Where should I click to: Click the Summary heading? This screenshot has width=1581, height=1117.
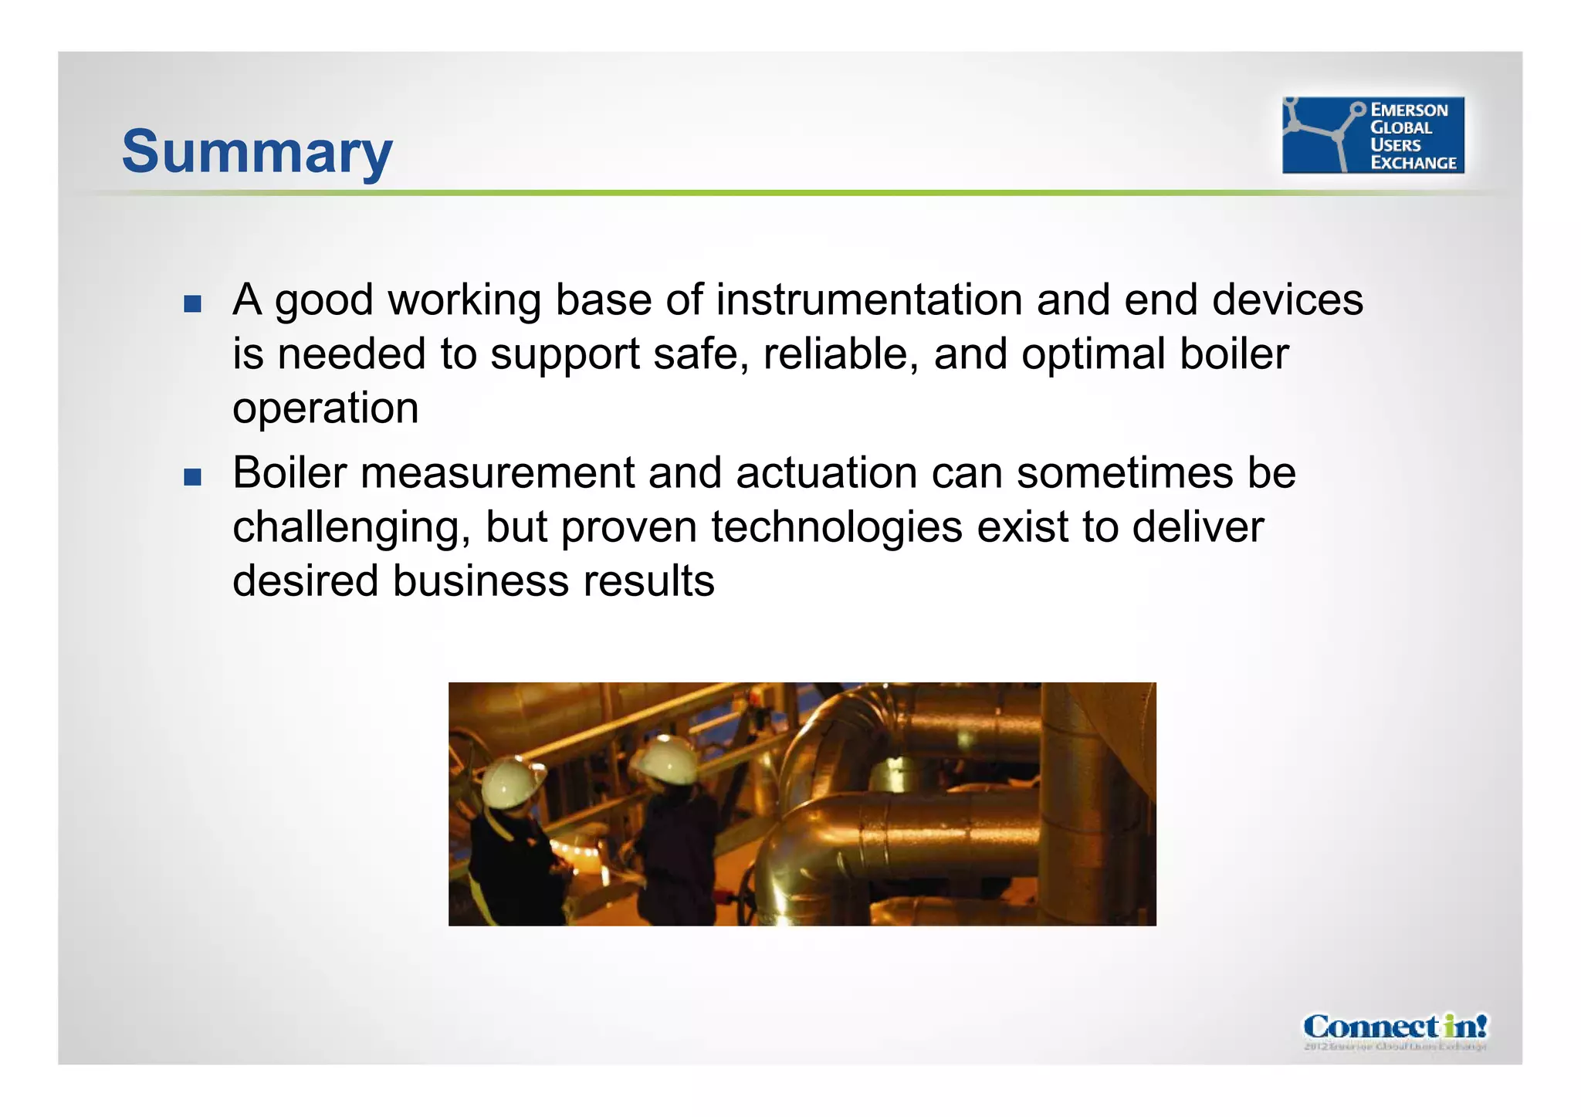257,151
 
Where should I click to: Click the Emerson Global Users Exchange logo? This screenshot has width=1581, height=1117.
1373,135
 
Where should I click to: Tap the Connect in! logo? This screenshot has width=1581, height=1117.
1395,1029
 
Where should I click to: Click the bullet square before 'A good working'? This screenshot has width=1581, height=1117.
192,303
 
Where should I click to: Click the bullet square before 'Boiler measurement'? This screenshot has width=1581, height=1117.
192,476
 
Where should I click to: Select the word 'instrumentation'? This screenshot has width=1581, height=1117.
868,300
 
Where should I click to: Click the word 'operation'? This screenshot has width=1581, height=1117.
326,409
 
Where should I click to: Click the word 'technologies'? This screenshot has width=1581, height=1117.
837,528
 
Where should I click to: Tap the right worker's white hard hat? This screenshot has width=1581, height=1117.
668,758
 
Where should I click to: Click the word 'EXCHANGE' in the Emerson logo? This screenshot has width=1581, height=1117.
1413,163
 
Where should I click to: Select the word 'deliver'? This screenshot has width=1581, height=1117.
1197,528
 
